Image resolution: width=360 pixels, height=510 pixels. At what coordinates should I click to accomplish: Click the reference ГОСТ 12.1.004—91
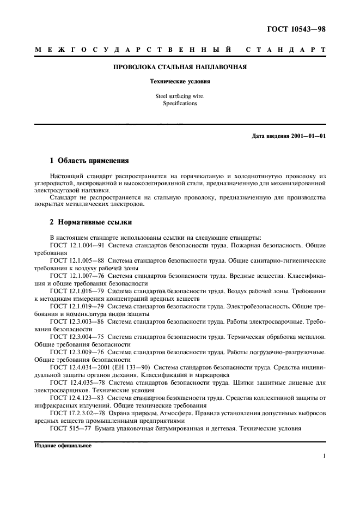(x=74, y=245)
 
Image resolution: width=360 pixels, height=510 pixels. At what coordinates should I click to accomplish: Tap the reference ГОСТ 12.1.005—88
(x=74, y=260)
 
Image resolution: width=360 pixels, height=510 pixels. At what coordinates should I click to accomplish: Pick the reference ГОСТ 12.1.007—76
(x=74, y=276)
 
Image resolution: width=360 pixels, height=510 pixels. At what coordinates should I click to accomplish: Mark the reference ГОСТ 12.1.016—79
(x=74, y=291)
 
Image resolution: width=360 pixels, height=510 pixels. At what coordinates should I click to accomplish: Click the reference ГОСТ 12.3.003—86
(x=74, y=321)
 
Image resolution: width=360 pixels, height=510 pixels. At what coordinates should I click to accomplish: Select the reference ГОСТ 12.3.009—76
(x=74, y=352)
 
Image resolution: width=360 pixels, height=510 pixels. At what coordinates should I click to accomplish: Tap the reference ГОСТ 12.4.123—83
(x=74, y=398)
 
